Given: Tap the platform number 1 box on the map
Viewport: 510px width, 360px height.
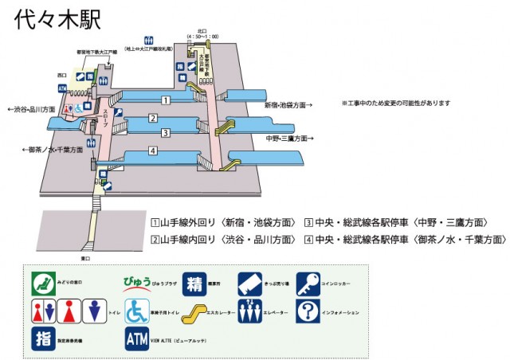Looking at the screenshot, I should (166, 100).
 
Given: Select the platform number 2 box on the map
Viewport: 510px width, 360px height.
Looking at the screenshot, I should (151, 119).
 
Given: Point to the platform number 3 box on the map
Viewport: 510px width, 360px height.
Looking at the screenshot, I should (165, 132).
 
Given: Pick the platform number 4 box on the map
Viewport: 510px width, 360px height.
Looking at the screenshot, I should (151, 151).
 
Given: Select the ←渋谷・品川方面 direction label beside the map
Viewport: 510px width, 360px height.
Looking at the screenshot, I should (32, 110).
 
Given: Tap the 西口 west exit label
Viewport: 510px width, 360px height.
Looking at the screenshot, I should (63, 75).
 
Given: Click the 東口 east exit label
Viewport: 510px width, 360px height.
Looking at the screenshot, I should (86, 258).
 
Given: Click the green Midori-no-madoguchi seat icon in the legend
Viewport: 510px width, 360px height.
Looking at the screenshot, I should (42, 283).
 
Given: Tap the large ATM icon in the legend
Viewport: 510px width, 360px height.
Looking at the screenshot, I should (136, 338).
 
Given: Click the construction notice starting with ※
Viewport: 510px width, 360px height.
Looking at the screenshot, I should (396, 104).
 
